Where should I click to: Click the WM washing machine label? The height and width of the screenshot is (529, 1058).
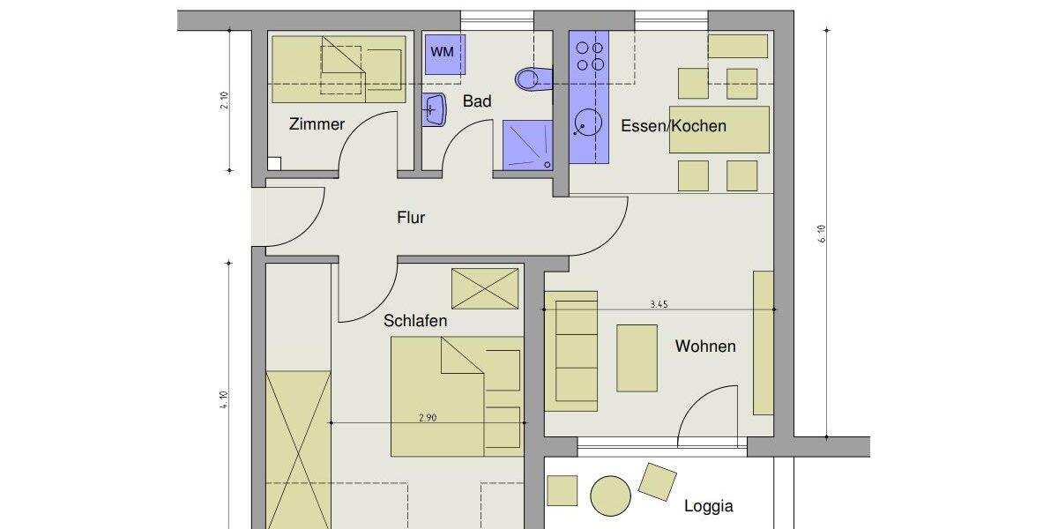(x=442, y=52)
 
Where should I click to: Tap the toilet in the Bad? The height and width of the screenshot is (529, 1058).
(x=530, y=80)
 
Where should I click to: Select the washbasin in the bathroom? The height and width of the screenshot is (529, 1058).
(x=434, y=110)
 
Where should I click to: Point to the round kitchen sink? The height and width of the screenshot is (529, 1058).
(x=587, y=123)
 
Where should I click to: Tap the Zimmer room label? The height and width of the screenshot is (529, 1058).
(x=317, y=124)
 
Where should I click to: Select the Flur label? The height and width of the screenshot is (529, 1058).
(x=411, y=217)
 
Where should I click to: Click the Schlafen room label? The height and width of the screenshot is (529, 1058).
(x=415, y=321)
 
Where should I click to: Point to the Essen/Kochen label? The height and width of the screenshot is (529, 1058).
(x=674, y=125)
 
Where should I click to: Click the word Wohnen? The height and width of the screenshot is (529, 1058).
(x=705, y=346)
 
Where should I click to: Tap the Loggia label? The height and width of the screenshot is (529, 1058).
(x=709, y=506)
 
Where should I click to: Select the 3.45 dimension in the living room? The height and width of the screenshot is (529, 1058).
(x=659, y=304)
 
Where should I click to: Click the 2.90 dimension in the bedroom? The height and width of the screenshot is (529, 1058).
(x=428, y=418)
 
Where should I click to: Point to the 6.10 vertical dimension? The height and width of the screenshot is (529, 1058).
(x=822, y=234)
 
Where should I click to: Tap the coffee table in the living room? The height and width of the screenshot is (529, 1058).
(x=637, y=358)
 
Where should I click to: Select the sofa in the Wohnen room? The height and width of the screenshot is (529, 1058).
(x=571, y=351)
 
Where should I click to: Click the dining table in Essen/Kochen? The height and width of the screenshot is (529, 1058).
(x=719, y=130)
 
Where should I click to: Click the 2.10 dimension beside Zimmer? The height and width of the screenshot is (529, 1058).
(x=225, y=101)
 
